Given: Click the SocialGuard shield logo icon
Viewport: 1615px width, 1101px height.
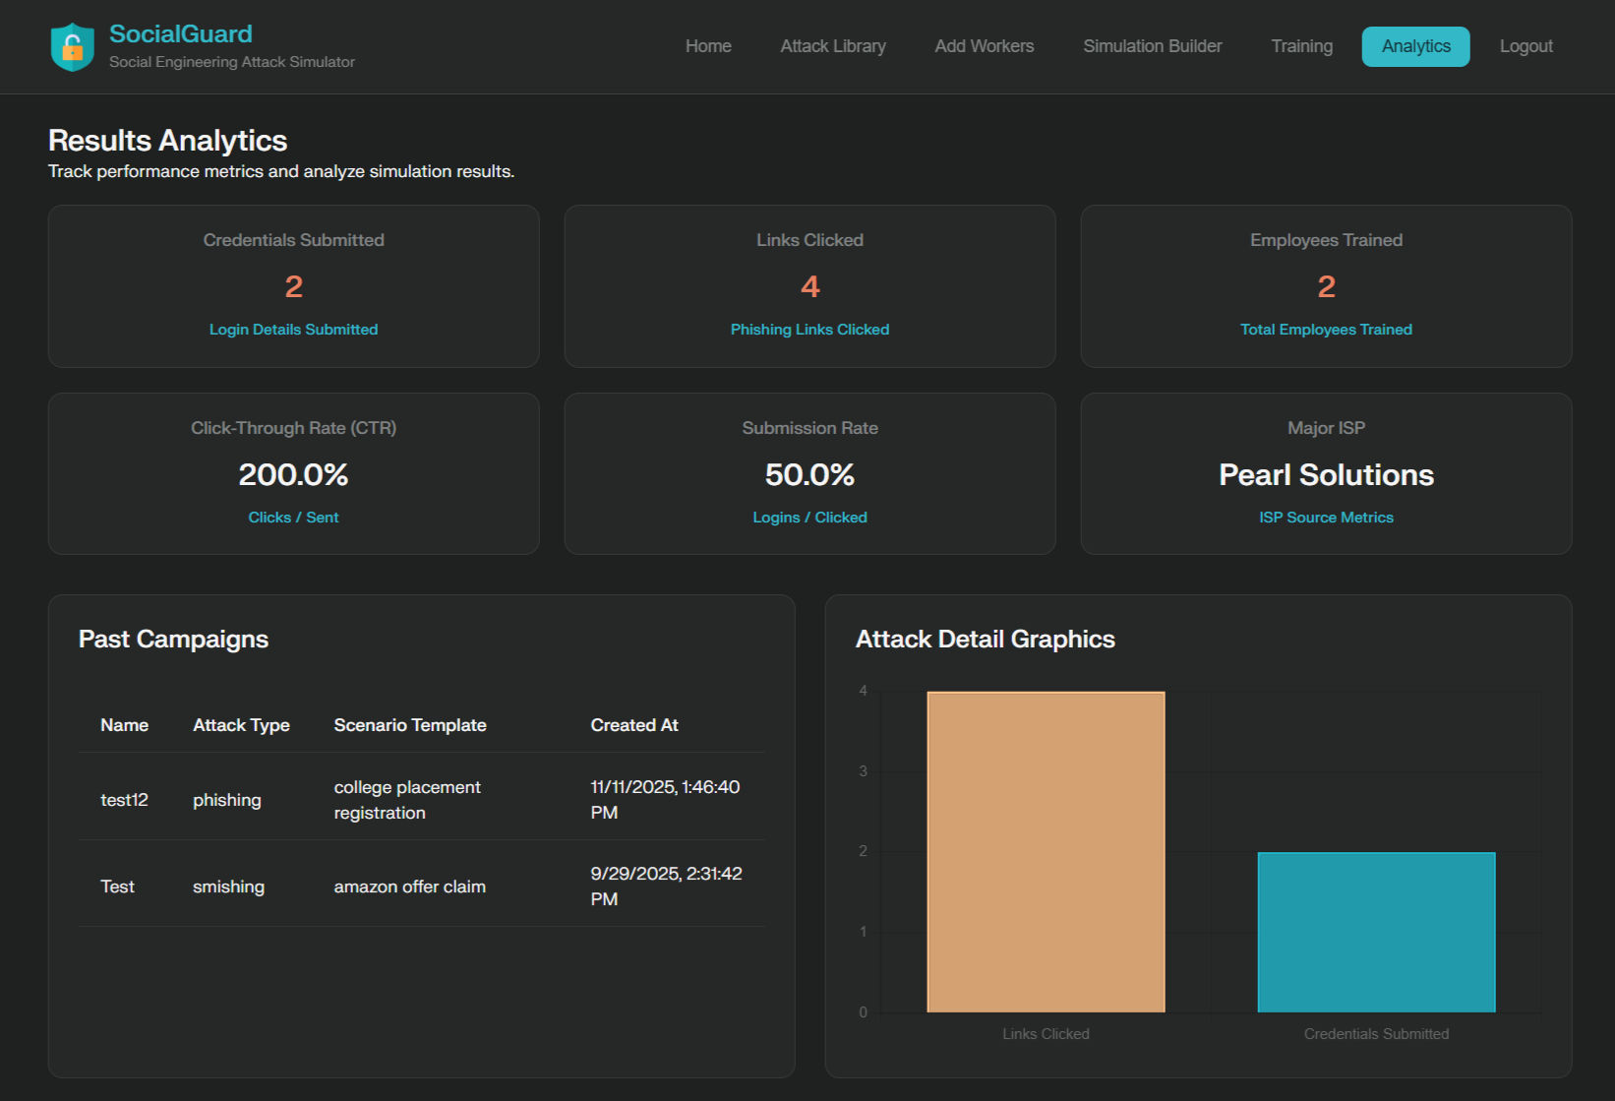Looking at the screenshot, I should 72,46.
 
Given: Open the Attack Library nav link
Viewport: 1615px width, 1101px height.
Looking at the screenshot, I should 833,46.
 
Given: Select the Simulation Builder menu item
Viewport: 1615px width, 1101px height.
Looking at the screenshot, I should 1152,46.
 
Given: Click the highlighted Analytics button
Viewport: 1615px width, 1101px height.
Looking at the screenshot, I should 1415,46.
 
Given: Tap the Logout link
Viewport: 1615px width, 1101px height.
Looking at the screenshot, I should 1525,46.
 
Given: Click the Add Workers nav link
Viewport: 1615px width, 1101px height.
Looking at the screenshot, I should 984,46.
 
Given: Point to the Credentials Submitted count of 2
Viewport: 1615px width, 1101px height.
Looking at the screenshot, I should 293,286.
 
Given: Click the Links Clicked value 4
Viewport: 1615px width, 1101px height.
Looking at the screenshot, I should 809,286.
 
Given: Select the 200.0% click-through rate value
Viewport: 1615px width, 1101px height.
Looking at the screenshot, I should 293,474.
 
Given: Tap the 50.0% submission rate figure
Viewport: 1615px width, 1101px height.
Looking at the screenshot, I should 809,474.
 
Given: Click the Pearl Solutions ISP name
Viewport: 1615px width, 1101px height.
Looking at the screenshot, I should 1326,474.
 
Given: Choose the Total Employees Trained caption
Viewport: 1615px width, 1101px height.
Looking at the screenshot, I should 1326,330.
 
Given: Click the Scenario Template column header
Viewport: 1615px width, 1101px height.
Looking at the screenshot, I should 410,725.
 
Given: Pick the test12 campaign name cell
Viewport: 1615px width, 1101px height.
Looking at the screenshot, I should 124,800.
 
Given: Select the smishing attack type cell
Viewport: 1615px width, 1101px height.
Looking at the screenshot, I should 228,887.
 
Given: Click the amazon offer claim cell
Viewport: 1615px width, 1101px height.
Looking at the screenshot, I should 409,887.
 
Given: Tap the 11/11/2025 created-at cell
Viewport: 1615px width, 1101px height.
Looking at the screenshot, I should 665,799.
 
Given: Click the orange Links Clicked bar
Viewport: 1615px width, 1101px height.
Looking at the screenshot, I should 1046,851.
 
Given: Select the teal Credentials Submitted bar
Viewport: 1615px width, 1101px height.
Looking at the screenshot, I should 1376,932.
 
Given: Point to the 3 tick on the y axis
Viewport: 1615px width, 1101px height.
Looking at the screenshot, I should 864,771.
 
